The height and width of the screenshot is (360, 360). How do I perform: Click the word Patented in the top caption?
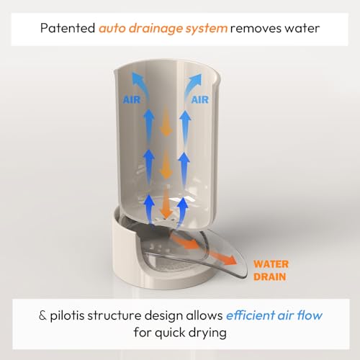[x=68, y=28]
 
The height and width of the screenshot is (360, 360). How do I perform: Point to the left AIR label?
[x=131, y=100]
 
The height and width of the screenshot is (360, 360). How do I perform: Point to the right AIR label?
[x=200, y=99]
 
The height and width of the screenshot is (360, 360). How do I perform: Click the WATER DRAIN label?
[x=271, y=271]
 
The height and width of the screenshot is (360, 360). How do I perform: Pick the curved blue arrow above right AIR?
[x=192, y=84]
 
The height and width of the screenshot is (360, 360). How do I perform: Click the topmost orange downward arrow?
[x=166, y=121]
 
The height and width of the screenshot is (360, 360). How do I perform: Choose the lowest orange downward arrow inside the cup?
[x=166, y=203]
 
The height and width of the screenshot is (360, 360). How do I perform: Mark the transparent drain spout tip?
[x=243, y=272]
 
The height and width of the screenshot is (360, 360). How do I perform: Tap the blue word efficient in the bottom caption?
[x=251, y=315]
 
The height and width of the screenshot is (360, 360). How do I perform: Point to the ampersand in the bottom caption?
[x=42, y=315]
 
